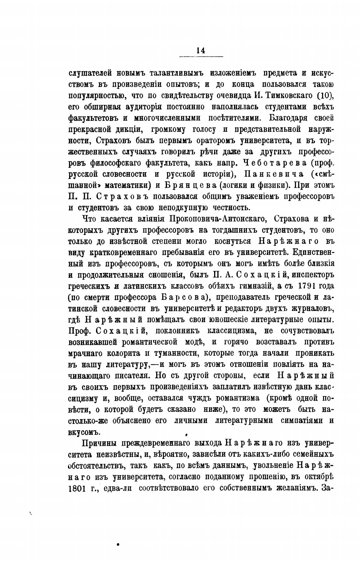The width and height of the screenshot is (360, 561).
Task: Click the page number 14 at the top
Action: click(x=201, y=50)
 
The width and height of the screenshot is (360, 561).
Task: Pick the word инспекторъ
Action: click(x=313, y=275)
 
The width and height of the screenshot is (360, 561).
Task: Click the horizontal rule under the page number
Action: click(x=201, y=57)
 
